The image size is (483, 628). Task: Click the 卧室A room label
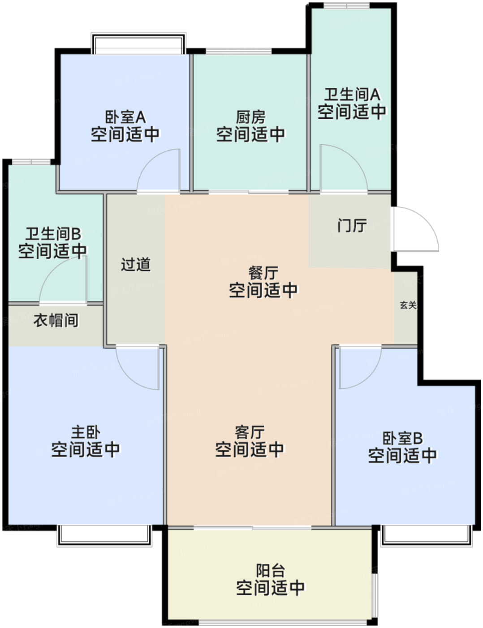tap(125, 118)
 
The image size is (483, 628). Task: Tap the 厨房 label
tap(251, 118)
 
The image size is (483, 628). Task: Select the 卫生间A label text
tap(352, 95)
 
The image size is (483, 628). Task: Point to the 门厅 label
tap(352, 225)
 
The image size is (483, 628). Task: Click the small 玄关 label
tap(408, 305)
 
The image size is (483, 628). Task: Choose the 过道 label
tap(135, 265)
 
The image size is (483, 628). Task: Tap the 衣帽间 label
tap(56, 320)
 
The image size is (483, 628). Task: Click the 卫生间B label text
tap(53, 234)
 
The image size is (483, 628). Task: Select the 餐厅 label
tap(263, 273)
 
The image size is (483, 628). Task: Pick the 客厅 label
tap(250, 432)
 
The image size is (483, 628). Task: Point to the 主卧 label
tap(86, 432)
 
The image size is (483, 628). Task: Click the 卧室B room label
tap(402, 438)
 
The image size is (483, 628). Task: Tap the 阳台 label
tap(270, 571)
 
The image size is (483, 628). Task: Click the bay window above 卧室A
tap(138, 44)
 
